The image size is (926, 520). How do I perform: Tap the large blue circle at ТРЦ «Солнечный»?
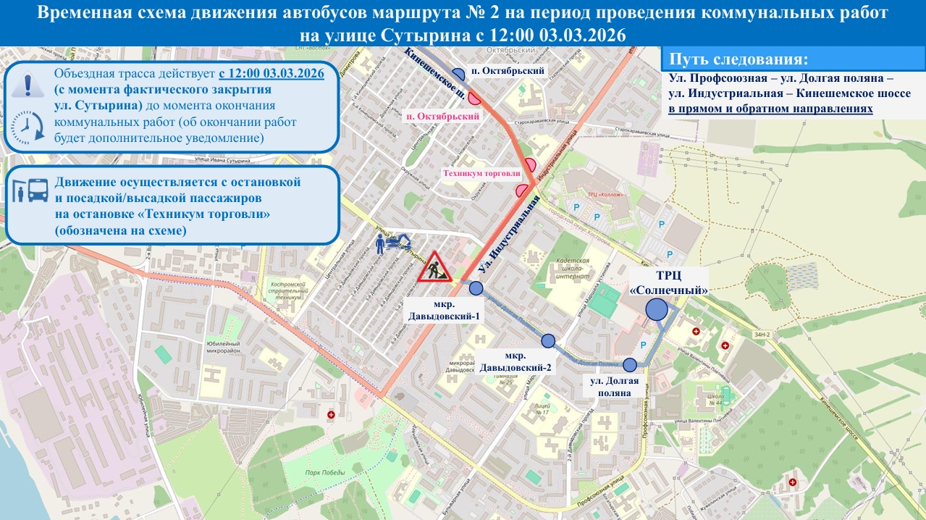[656, 310]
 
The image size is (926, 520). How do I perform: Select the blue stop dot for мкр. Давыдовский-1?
[476, 288]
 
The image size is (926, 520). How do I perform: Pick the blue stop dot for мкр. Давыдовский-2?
[548, 341]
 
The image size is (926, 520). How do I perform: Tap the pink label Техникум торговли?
[483, 174]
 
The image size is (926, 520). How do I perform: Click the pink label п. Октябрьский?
[443, 116]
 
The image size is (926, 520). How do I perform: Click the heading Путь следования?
[738, 59]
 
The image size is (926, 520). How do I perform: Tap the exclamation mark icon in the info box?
[28, 84]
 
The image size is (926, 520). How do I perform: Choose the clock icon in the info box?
[28, 126]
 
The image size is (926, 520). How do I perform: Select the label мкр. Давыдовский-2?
[515, 361]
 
